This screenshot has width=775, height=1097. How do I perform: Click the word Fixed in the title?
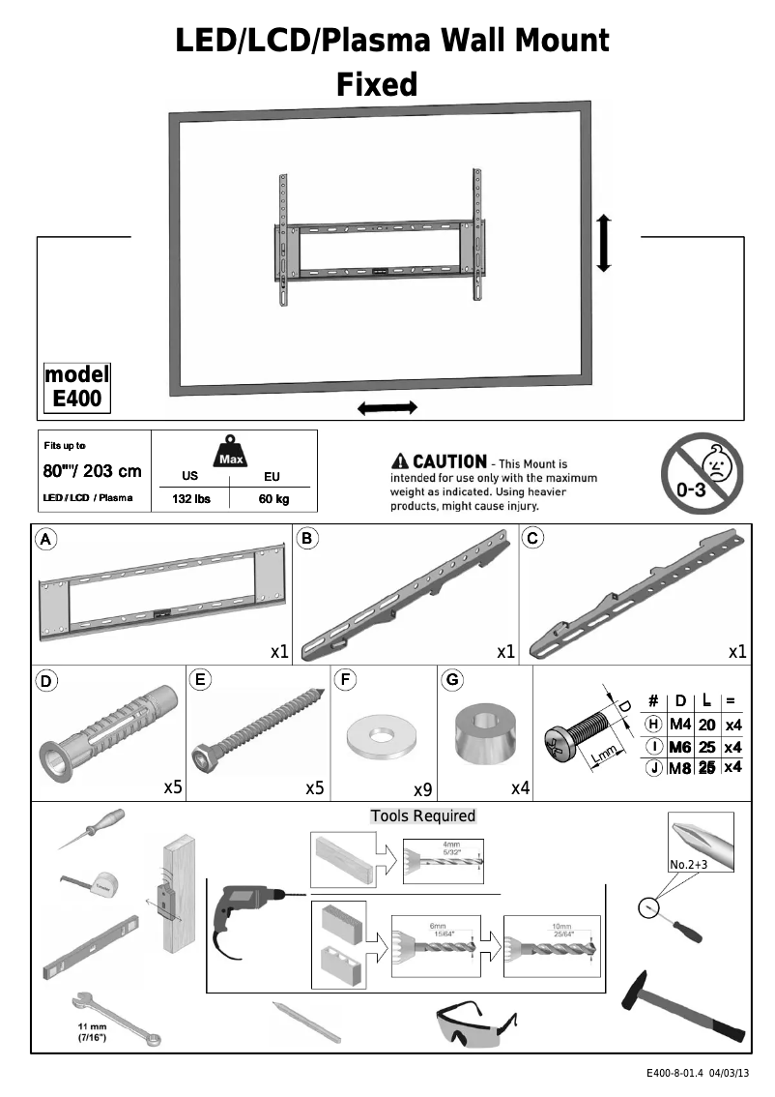[377, 85]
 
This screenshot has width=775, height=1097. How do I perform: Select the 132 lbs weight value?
[190, 499]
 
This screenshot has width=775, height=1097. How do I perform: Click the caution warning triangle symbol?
[399, 462]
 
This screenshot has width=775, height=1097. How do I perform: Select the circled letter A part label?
[44, 539]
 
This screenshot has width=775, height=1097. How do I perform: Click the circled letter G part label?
[451, 680]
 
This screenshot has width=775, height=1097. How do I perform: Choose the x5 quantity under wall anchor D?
[173, 788]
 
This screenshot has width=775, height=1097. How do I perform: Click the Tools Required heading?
[423, 815]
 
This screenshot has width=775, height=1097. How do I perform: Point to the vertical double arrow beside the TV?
[604, 244]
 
